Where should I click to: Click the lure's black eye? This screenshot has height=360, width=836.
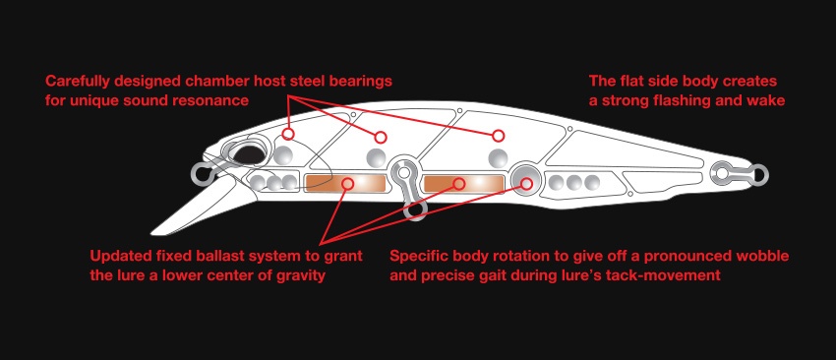(249, 154)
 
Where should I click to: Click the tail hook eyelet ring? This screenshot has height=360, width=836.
(758, 173)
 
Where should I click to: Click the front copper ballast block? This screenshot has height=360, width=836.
(345, 183)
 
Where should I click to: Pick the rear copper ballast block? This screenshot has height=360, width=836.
(464, 183)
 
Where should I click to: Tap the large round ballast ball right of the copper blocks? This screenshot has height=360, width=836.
(525, 179)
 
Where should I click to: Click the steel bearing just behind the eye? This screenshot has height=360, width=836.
(283, 155)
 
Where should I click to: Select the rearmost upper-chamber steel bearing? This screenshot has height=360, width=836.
(498, 157)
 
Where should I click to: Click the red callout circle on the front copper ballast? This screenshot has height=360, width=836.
(348, 184)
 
